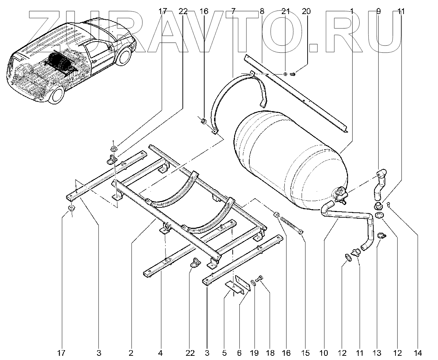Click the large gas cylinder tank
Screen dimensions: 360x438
[288, 158]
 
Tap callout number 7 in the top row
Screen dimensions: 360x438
[233, 11]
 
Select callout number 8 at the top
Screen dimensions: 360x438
[262, 11]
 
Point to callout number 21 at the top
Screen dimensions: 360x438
[285, 11]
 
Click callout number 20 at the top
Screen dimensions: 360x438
[306, 11]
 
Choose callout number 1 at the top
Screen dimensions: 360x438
[352, 11]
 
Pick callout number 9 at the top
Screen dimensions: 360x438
[378, 11]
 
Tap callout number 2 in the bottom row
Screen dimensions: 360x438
[131, 353]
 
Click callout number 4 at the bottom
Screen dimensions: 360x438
[161, 353]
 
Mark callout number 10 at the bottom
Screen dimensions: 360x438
[323, 353]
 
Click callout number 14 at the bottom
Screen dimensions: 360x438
[418, 353]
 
